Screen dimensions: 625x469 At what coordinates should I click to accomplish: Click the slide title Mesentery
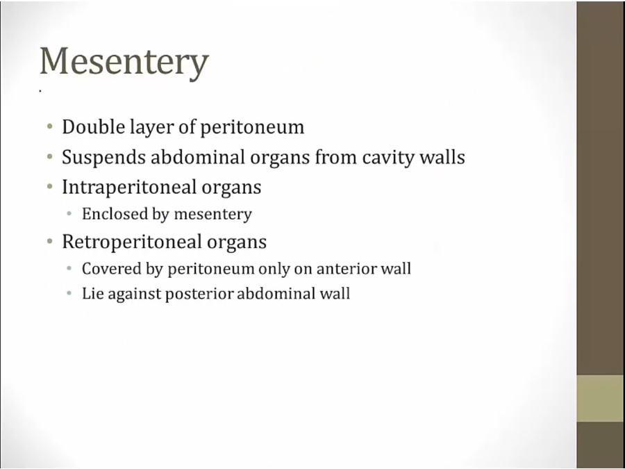124,63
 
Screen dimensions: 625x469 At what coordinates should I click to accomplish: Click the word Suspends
103,158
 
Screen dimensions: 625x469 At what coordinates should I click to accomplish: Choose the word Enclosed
115,214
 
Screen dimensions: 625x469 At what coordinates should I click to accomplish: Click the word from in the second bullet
336,157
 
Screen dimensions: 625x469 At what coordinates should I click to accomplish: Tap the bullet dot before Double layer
49,127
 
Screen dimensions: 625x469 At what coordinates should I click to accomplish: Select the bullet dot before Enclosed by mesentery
69,214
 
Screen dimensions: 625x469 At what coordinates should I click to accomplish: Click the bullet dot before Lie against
69,294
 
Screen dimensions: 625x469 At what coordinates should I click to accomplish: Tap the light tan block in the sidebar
601,398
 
